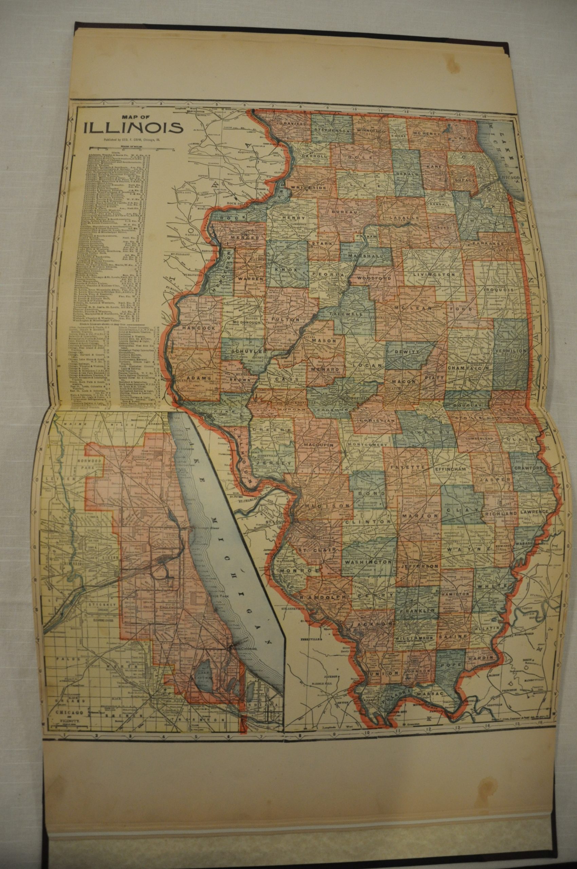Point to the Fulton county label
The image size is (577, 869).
[291, 310]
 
